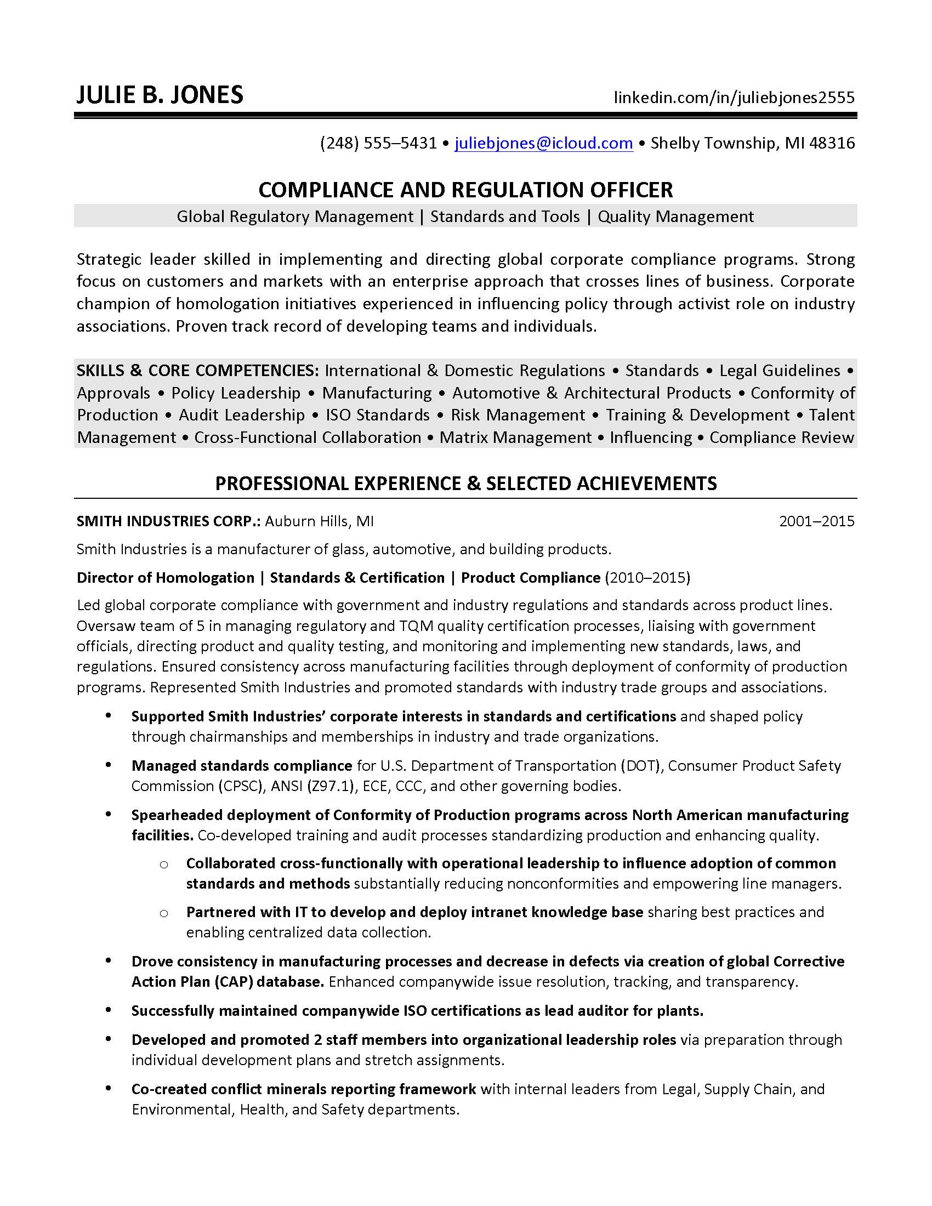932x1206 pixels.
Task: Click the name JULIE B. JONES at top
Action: [x=160, y=95]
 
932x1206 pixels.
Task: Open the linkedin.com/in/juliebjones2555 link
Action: [x=734, y=98]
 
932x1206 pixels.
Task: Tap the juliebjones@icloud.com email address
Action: [x=543, y=143]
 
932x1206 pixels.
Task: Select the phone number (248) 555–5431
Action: [x=378, y=143]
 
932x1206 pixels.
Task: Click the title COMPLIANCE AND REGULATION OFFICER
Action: [x=465, y=190]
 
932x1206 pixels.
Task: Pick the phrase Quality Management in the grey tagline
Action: [x=675, y=217]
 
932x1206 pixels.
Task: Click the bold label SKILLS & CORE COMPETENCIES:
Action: [x=198, y=370]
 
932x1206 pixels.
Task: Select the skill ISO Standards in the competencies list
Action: [x=377, y=415]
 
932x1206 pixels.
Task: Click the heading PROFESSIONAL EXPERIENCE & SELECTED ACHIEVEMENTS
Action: [x=465, y=483]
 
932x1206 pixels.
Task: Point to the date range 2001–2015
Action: [x=817, y=521]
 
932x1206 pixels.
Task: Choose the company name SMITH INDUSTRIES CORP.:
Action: [x=168, y=521]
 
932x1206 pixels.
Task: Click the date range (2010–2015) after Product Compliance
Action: [x=647, y=578]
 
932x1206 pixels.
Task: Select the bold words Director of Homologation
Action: [x=165, y=578]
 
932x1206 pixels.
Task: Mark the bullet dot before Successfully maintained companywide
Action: [x=109, y=1010]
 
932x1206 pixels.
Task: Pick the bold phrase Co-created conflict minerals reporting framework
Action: [x=303, y=1089]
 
